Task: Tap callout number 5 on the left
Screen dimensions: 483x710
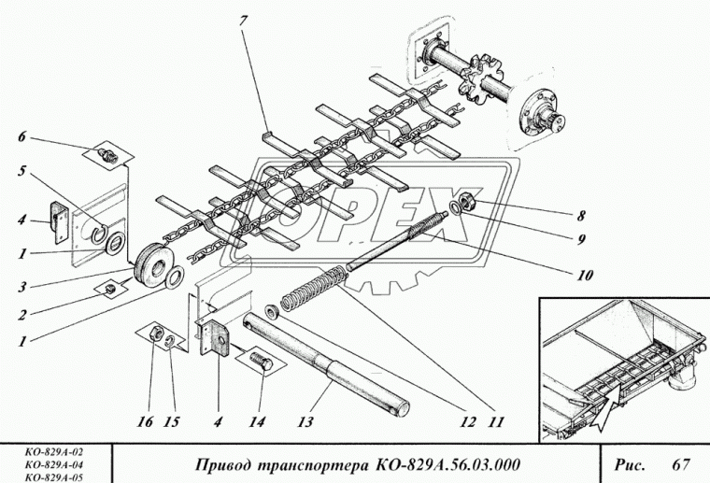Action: [21, 171]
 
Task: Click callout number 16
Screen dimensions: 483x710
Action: [146, 421]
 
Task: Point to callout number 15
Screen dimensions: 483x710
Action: [173, 421]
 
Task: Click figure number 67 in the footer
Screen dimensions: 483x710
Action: [679, 464]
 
